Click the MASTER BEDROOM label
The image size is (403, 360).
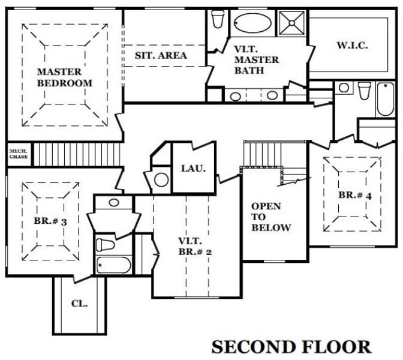coord(65,77)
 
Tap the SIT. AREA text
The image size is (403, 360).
coord(160,55)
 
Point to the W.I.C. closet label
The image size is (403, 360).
coord(351,45)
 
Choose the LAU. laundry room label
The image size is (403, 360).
coord(193,168)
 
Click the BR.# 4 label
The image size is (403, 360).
coord(352,195)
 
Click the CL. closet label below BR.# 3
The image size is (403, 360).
coord(79,304)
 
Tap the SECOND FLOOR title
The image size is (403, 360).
coord(291,346)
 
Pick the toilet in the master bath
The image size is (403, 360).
coord(218,19)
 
